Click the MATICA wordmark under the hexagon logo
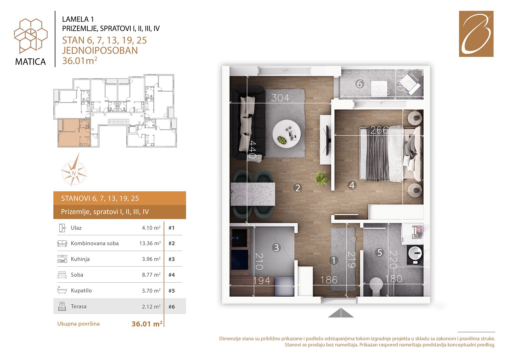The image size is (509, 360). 30,62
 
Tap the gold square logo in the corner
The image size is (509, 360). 476,34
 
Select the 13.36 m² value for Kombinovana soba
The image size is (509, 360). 150,243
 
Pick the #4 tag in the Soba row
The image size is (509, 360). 172,275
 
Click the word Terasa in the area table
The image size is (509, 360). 79,306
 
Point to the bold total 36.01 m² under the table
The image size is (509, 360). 147,324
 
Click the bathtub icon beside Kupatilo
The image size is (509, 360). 62,290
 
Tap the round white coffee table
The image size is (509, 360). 287,134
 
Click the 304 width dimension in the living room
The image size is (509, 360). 280,98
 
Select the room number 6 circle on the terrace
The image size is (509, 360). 359,84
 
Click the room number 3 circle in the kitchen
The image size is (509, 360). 276,247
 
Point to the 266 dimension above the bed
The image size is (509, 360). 379,130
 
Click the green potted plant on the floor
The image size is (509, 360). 321,178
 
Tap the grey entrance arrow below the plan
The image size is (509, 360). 341,313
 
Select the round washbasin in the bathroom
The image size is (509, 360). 415,253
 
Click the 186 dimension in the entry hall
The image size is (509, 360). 329,280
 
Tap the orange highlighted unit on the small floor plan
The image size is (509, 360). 74,133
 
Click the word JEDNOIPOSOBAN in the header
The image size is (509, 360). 100,50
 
